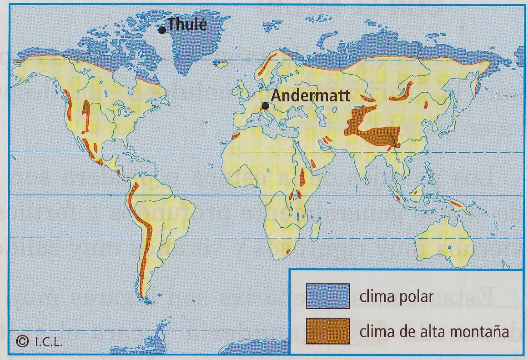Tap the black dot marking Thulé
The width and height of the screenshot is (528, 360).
[x=162, y=30]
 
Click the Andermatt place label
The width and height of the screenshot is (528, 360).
[x=311, y=96]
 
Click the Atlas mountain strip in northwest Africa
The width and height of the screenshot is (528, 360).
[x=236, y=135]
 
